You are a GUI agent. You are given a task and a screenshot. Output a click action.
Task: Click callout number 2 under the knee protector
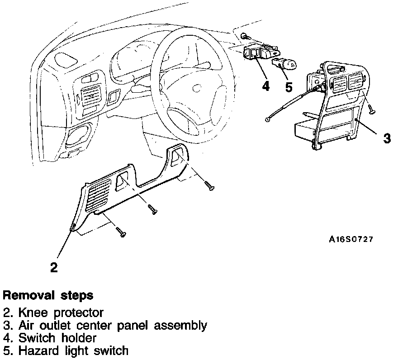(54, 267)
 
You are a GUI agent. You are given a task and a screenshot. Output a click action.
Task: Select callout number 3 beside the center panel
(387, 138)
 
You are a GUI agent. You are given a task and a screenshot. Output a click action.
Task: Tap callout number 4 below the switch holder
(266, 85)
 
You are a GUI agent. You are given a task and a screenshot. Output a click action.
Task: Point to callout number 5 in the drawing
(289, 87)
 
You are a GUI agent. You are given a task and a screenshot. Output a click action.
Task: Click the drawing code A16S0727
(351, 240)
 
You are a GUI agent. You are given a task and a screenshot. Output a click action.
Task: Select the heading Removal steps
(48, 296)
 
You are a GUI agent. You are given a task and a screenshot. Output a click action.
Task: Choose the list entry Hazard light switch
(72, 350)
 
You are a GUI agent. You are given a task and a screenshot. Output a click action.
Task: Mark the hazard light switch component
(284, 65)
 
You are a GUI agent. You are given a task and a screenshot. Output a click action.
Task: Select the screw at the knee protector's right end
(208, 185)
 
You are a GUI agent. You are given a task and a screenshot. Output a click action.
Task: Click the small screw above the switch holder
(244, 36)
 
